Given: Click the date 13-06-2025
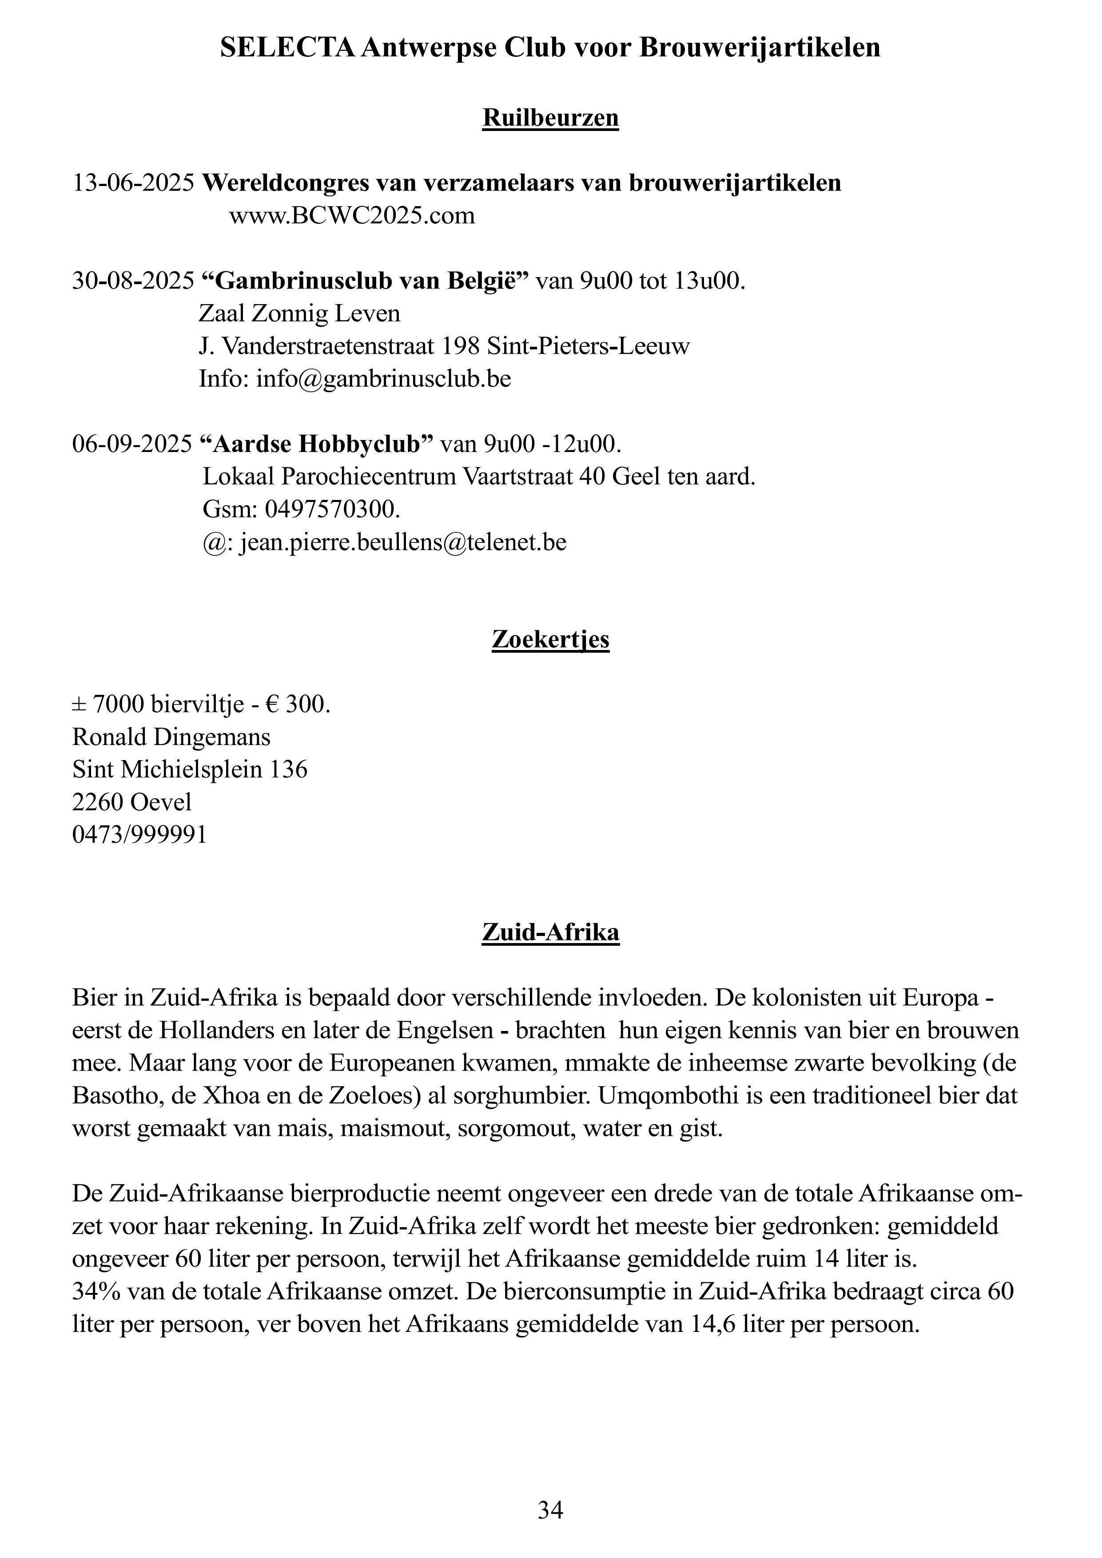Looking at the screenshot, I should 133,183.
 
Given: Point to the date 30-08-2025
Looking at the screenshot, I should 133,281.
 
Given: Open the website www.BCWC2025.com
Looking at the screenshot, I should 352,216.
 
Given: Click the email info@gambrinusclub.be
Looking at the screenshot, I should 383,379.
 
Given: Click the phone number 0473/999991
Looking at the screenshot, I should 139,835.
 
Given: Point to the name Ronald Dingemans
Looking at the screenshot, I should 171,737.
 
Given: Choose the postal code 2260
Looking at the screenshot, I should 98,803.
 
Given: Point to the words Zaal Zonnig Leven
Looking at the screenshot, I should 299,313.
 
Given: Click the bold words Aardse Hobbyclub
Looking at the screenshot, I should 316,444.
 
